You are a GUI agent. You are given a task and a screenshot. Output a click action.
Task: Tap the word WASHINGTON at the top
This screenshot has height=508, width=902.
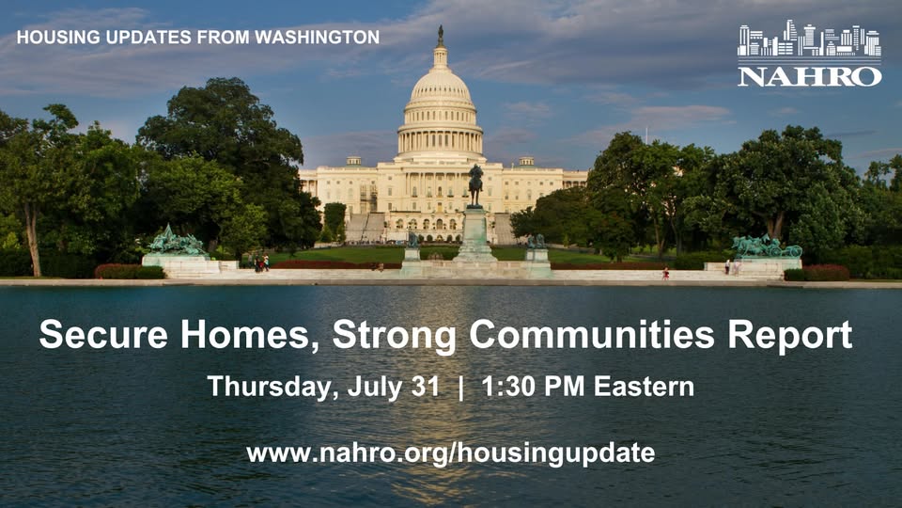tap(317, 37)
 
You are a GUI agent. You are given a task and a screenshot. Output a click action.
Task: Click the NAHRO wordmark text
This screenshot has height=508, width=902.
tap(809, 76)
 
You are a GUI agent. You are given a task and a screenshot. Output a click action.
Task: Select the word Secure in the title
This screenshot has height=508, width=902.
tap(103, 334)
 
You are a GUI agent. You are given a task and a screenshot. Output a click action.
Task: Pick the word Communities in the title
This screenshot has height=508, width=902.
tap(592, 334)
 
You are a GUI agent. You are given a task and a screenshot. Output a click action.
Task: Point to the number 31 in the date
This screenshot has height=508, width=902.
tap(426, 386)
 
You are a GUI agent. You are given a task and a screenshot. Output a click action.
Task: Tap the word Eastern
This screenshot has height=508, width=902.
tap(644, 386)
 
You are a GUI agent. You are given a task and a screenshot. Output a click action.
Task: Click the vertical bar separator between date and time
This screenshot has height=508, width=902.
tap(460, 387)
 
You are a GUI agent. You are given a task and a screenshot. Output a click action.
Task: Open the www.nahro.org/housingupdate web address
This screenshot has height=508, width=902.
tap(451, 452)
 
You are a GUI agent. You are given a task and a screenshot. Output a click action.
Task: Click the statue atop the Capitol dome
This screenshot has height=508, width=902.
tap(441, 36)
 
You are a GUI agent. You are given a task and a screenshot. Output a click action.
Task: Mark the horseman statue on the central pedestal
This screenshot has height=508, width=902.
tap(475, 185)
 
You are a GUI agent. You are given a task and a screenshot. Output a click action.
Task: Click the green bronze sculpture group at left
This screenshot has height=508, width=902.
tap(176, 241)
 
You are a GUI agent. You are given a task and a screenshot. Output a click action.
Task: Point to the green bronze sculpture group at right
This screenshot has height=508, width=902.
tap(767, 246)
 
